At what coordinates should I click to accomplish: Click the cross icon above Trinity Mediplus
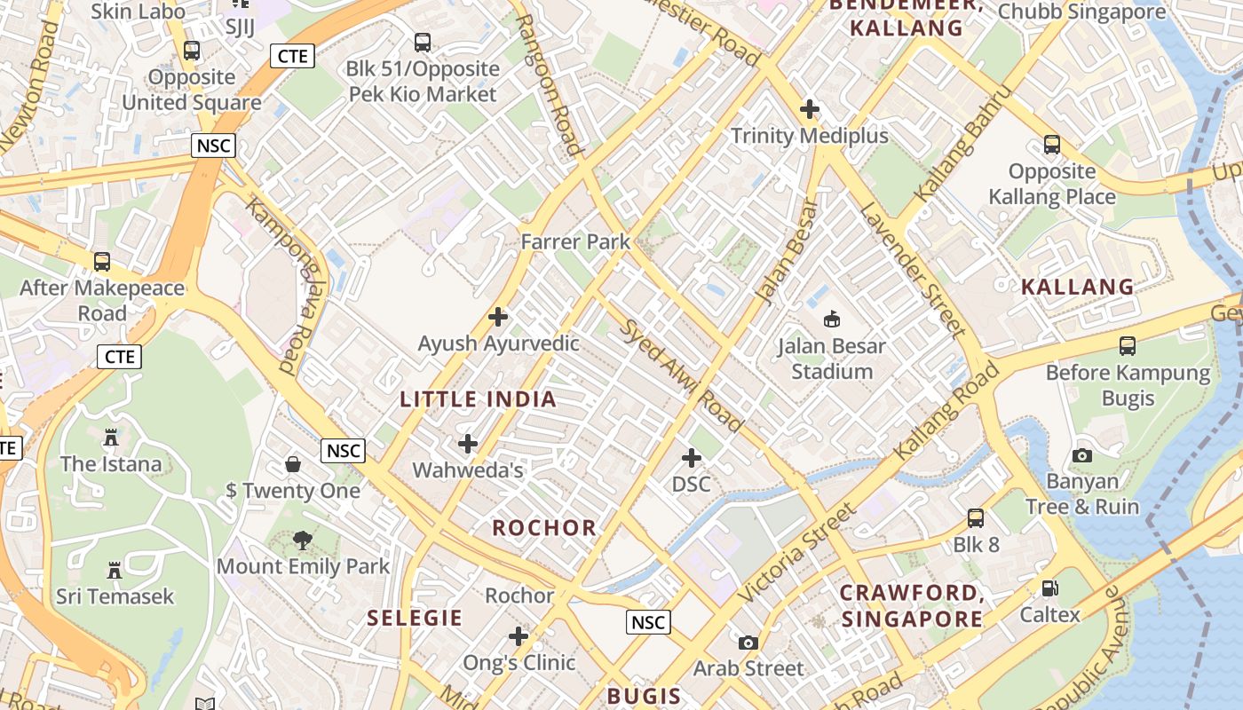pos(810,110)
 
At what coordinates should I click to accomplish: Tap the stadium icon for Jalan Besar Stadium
pos(832,318)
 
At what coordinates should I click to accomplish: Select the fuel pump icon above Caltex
pos(1049,588)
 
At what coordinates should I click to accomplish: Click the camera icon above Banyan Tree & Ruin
pos(1081,455)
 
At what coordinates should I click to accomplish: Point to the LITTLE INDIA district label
pos(478,399)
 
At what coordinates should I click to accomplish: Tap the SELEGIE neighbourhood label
pos(415,618)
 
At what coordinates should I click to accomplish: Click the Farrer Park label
pos(575,241)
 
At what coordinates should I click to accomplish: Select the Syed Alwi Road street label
pos(681,375)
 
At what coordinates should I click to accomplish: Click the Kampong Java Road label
pos(278,284)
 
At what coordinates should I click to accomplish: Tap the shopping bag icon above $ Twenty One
pos(292,464)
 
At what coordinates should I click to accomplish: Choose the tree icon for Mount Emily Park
pos(303,540)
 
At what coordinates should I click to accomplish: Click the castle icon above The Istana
pos(111,438)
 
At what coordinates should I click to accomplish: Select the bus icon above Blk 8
pos(976,518)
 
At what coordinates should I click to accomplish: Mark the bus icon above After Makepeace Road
pos(102,262)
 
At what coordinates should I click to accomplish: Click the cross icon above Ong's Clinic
pos(519,636)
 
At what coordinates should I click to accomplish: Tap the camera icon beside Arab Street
pos(748,642)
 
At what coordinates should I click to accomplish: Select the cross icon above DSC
pos(692,458)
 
